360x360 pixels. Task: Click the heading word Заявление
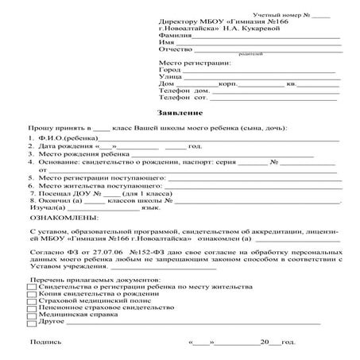(180, 114)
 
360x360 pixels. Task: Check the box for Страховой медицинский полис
(21, 300)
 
